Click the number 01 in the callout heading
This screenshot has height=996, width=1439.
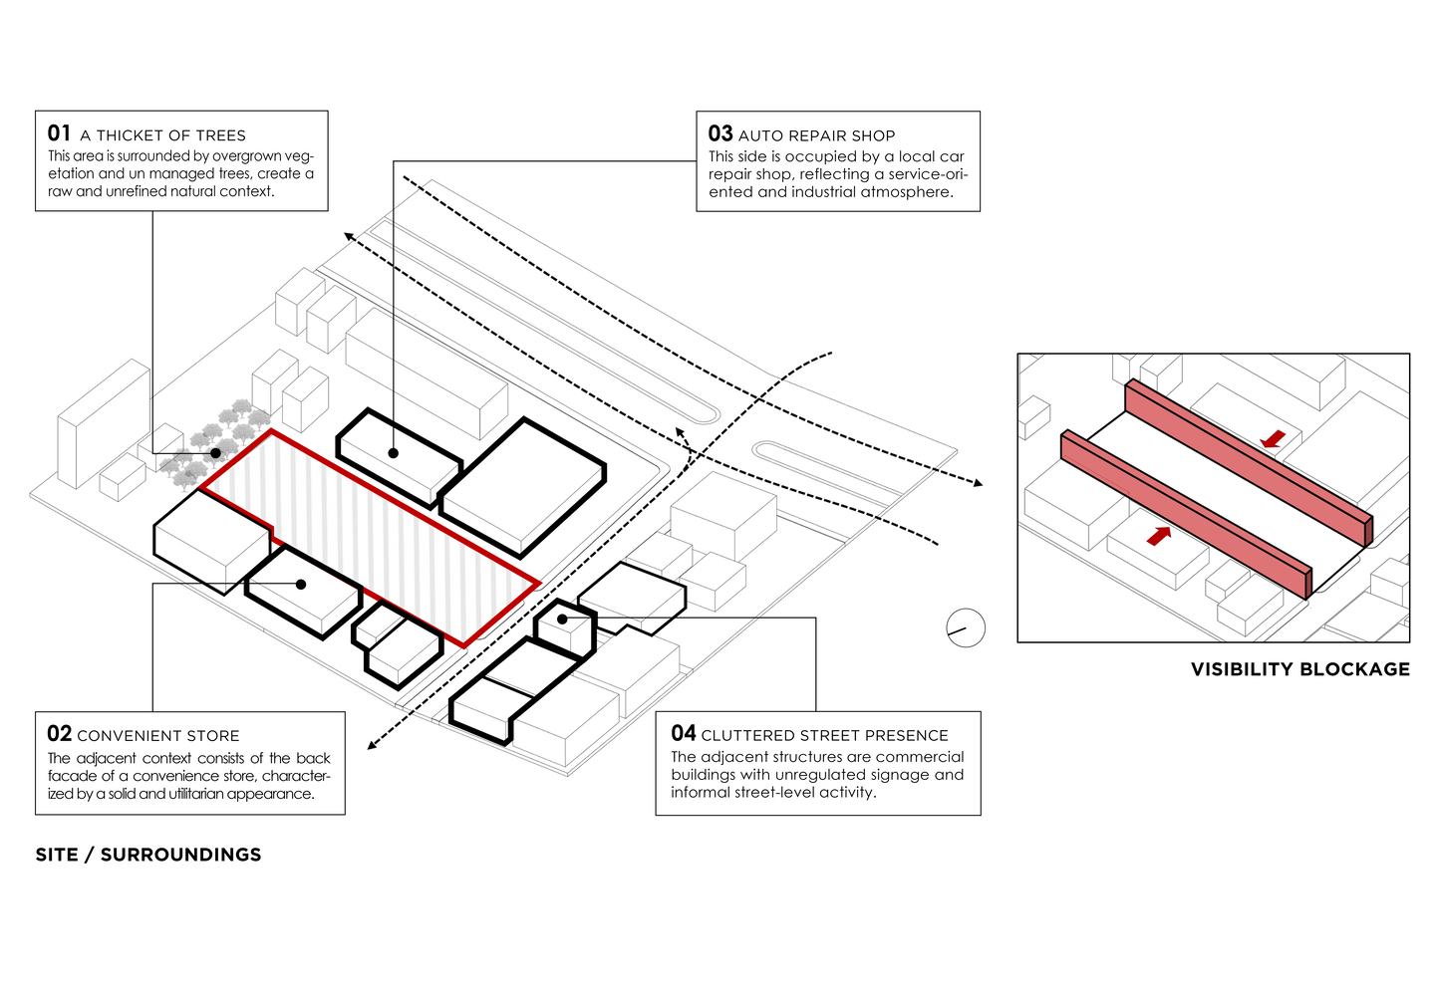(59, 133)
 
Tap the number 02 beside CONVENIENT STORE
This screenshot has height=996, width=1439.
(59, 734)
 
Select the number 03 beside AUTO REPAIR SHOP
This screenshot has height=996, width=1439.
(719, 133)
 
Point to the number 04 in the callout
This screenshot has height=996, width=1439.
(683, 734)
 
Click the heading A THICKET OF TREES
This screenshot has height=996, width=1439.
(162, 135)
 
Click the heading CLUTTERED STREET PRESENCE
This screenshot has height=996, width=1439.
(824, 736)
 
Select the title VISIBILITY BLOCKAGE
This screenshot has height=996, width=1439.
(1299, 669)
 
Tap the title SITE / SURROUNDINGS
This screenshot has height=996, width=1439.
(147, 855)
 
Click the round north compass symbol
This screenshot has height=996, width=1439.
(965, 627)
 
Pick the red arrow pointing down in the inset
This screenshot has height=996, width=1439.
(1272, 438)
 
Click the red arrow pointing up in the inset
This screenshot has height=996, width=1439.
(1158, 536)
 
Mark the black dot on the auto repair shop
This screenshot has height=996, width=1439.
(394, 453)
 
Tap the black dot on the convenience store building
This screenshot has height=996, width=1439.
(301, 585)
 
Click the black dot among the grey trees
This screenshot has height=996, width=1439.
(216, 453)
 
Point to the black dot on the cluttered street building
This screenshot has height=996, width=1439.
(562, 620)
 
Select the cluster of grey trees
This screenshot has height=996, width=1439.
(214, 443)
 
